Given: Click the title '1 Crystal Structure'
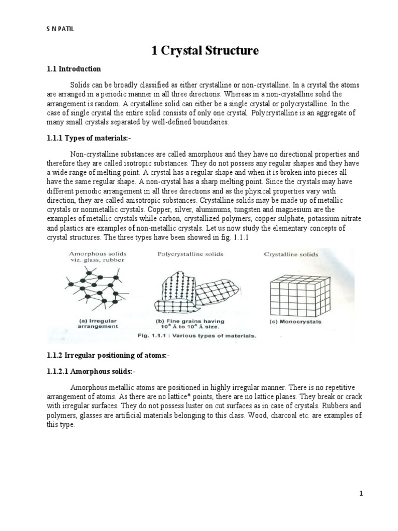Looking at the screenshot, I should (204, 50).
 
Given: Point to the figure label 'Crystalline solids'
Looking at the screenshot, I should (291, 255).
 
